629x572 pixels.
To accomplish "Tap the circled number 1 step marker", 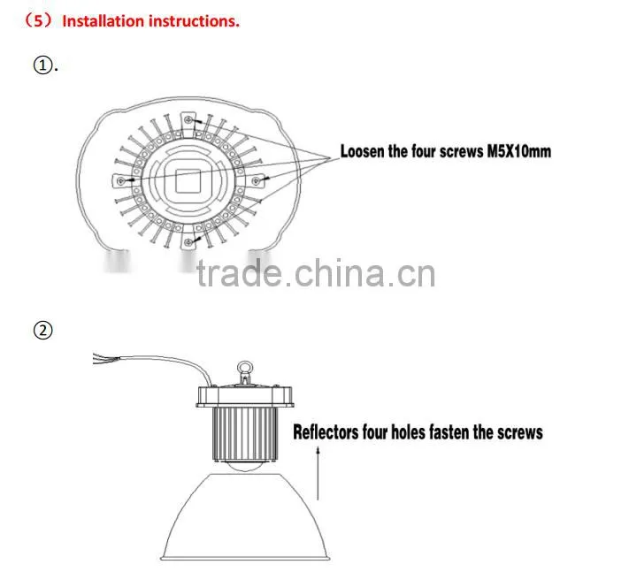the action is (x=42, y=65).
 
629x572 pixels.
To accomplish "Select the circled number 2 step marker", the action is (x=43, y=331).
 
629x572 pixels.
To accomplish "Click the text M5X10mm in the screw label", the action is (x=518, y=151).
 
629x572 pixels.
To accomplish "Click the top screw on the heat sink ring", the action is (x=188, y=119).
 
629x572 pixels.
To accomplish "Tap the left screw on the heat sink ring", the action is (x=120, y=181).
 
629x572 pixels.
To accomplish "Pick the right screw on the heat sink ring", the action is (x=256, y=181).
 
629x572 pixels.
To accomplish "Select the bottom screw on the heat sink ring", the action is (x=188, y=241).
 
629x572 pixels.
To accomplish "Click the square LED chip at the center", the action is (x=188, y=180).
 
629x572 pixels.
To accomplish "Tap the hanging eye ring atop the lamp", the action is (x=245, y=367).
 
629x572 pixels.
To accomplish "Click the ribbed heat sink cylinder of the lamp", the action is (x=245, y=434).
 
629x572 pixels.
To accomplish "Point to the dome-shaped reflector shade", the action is (x=245, y=516).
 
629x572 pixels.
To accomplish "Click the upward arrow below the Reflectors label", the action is (x=318, y=473).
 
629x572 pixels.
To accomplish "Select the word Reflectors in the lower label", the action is (x=326, y=432).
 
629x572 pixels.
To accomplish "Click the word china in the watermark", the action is (x=340, y=273).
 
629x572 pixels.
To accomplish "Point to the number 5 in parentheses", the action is (x=38, y=21).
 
